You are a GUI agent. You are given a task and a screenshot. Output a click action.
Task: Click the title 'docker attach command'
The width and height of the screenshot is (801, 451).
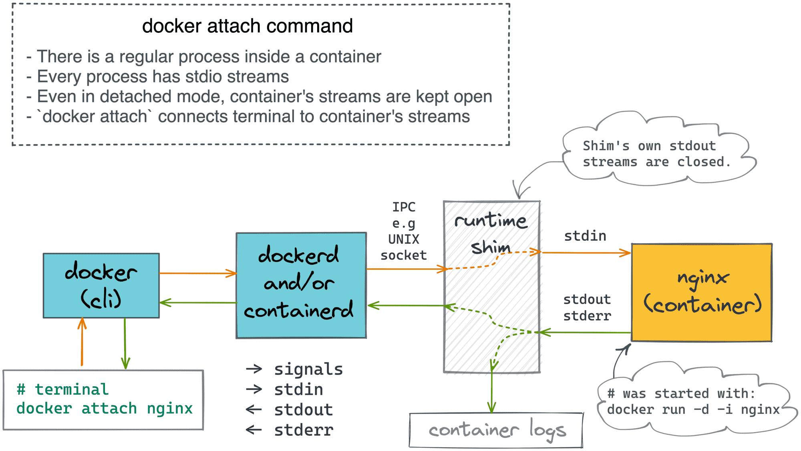pyautogui.click(x=247, y=26)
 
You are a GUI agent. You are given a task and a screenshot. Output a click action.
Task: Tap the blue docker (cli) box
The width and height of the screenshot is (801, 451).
pyautogui.click(x=101, y=285)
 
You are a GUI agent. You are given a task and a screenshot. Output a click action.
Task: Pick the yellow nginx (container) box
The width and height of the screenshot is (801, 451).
pyautogui.click(x=702, y=292)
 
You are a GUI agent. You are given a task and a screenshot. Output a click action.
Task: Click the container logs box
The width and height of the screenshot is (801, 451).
pyautogui.click(x=496, y=430)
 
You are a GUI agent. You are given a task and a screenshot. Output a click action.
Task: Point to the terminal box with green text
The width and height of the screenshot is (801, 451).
pyautogui.click(x=103, y=399)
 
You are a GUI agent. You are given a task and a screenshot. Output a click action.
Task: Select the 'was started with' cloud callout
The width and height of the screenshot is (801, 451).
pyautogui.click(x=693, y=401)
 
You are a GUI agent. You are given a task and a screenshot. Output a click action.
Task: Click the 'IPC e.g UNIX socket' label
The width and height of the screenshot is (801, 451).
pyautogui.click(x=403, y=231)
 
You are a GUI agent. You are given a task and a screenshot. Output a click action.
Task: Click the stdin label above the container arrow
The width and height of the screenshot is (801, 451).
pyautogui.click(x=585, y=236)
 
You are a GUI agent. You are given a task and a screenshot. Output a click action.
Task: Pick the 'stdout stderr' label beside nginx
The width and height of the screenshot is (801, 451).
pyautogui.click(x=587, y=307)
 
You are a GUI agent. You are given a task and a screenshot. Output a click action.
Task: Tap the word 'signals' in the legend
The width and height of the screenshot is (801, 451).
pyautogui.click(x=308, y=369)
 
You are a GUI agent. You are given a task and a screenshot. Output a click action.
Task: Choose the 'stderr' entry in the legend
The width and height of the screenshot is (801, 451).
pyautogui.click(x=303, y=430)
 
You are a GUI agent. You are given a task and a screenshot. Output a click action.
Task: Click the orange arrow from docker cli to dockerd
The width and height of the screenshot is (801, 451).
pyautogui.click(x=197, y=273)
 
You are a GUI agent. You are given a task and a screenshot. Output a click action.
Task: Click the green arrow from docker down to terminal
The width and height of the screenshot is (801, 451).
pyautogui.click(x=125, y=344)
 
